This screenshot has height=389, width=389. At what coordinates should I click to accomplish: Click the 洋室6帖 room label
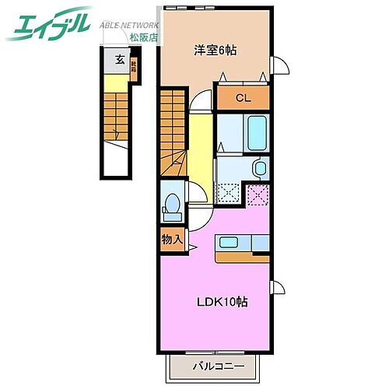pos(216,50)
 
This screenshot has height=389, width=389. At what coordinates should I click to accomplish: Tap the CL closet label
pos(243,98)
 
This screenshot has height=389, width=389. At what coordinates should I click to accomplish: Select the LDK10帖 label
pos(223,301)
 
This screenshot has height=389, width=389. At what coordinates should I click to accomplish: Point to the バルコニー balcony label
pos(219,366)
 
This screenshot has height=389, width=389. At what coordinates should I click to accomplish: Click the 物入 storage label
pos(171,240)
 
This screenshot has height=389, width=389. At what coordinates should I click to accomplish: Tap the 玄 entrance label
pos(120,59)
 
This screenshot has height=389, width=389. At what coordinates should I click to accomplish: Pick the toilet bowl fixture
pos(172,205)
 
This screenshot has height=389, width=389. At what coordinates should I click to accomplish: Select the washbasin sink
pos(259,168)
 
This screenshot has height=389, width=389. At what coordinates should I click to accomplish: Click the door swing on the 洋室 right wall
pos(281,70)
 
